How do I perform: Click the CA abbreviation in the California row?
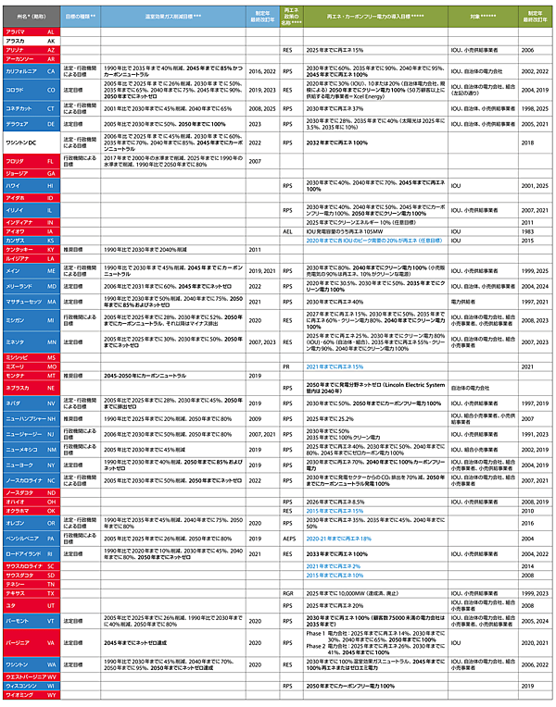tap(51, 70)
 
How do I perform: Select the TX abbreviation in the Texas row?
tap(51, 592)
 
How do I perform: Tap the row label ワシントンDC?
tap(23, 143)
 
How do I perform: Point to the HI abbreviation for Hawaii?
tap(51, 186)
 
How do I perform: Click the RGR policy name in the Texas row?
tap(288, 592)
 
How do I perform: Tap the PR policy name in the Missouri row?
tap(288, 366)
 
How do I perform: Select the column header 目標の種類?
tap(82, 16)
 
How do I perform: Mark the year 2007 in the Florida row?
tap(256, 161)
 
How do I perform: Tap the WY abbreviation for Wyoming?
tap(51, 697)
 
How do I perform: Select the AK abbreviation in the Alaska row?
tap(51, 42)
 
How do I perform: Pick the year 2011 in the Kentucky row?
tap(256, 250)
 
